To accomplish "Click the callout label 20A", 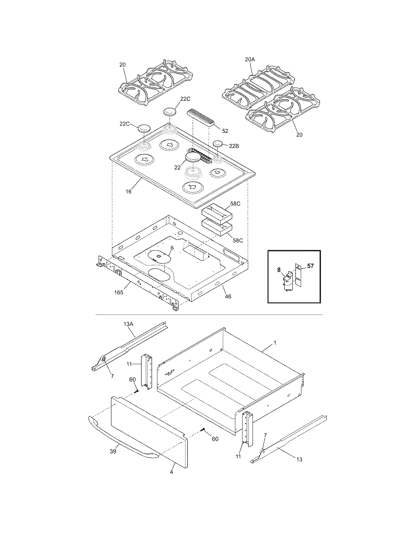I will [x=250, y=60].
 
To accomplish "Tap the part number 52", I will [x=225, y=131].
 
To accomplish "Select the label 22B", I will [x=234, y=146].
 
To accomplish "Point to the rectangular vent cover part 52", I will [x=201, y=117].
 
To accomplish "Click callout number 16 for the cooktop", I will [x=129, y=191].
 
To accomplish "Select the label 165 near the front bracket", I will [x=118, y=292].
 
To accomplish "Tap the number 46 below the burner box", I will [x=228, y=296].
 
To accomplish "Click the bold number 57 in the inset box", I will [x=310, y=266].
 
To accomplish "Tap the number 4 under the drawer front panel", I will [x=172, y=472].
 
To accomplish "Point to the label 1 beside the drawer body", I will [x=275, y=343].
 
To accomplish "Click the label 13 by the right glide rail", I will [x=299, y=459].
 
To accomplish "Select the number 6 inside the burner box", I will [x=172, y=248].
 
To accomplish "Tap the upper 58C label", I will [x=235, y=204].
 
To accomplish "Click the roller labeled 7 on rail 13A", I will [x=103, y=359].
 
